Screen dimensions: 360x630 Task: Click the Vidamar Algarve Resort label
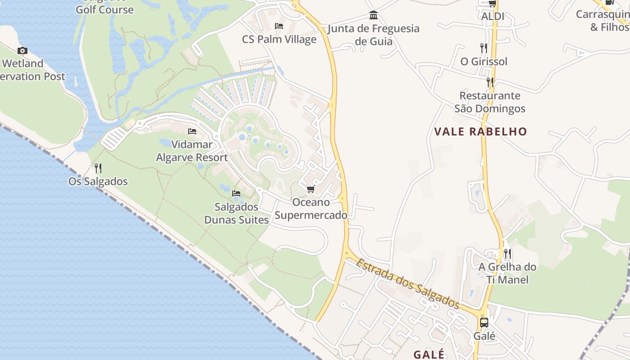coord(192,151)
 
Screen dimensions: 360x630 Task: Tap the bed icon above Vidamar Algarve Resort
coord(192,131)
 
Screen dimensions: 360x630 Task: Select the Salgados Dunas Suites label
coord(236,213)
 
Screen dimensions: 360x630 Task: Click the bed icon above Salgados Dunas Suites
coord(236,193)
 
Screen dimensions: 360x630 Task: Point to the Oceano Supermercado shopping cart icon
coord(310,189)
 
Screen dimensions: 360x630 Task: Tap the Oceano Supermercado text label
coord(311,209)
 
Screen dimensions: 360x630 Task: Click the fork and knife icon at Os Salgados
coord(98,168)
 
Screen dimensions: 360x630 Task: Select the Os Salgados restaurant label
coord(98,181)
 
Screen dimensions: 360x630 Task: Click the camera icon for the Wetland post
coord(22,50)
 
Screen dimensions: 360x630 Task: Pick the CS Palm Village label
coord(279,39)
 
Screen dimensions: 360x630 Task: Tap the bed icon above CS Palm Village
coord(279,26)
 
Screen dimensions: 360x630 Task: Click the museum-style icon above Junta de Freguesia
coord(373,16)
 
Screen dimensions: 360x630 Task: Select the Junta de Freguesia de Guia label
coord(373,35)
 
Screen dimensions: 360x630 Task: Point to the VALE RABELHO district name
coord(480,131)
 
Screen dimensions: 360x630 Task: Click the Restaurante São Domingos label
coord(490,102)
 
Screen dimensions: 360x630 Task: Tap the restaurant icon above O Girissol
coord(484,48)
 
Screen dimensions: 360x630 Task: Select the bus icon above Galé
coord(484,323)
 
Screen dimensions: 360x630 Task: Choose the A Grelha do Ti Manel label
coord(508,273)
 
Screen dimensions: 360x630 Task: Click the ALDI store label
coord(493,17)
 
